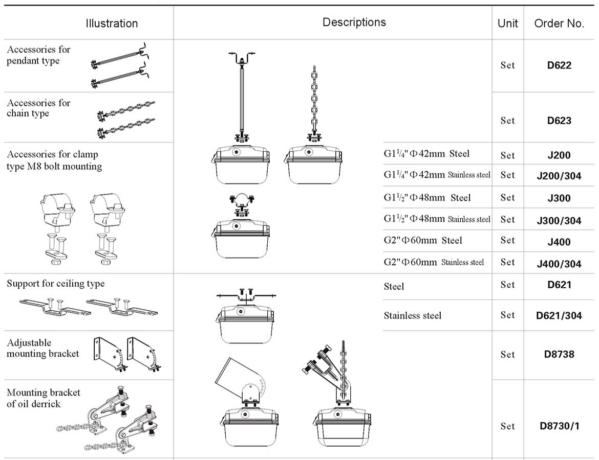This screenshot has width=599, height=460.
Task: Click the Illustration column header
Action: point(112,24)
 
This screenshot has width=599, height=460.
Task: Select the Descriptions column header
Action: point(354,22)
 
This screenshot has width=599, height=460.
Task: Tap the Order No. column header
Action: point(559,24)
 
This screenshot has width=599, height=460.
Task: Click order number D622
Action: point(559,65)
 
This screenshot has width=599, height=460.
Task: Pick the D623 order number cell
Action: point(559,121)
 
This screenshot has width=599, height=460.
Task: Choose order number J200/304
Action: point(559,176)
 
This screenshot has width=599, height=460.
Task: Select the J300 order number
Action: point(559,198)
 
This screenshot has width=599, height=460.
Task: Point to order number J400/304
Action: point(559,264)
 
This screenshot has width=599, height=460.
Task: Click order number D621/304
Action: point(559,316)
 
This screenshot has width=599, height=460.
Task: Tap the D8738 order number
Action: point(559,354)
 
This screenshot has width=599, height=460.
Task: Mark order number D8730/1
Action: point(559,426)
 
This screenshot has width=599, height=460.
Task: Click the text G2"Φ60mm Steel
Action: point(423,241)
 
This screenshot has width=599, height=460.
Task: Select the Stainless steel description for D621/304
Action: point(413,316)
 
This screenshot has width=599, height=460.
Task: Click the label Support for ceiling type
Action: point(55,284)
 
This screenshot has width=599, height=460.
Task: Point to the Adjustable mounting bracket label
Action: point(43,348)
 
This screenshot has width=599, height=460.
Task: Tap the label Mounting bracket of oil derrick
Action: point(44,398)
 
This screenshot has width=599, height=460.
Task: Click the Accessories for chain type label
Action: point(38,108)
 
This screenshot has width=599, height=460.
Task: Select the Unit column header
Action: point(507,24)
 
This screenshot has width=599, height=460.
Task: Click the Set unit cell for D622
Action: point(507,65)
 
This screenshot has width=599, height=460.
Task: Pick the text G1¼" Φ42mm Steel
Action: point(426,154)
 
